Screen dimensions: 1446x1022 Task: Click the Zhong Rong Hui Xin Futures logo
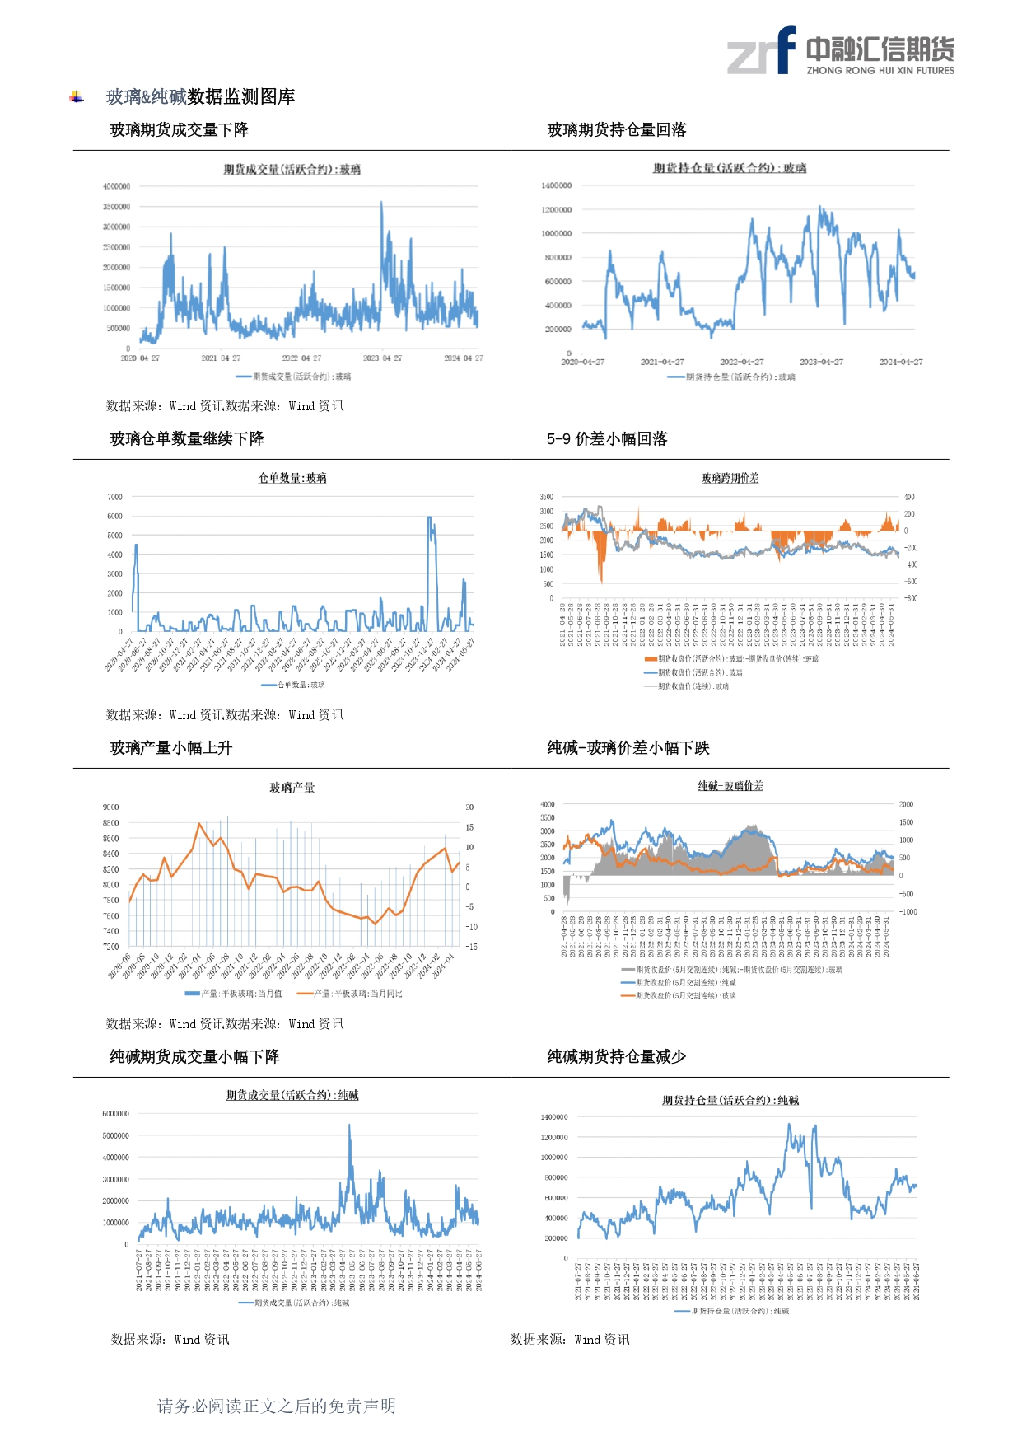(840, 51)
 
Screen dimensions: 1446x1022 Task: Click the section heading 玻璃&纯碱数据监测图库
(200, 97)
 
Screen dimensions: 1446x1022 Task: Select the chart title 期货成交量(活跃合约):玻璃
(292, 170)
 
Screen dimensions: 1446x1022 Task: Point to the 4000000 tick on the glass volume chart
(116, 186)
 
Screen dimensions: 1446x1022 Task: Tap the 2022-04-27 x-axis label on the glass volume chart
(301, 358)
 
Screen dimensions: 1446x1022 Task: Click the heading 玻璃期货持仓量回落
(616, 130)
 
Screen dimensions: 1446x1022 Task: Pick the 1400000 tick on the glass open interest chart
(556, 185)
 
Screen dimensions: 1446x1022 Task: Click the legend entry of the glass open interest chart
(730, 377)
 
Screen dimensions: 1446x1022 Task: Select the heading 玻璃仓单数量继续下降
(187, 439)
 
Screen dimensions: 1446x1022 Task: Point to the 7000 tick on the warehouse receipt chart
(114, 497)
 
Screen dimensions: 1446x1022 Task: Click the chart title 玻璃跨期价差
(730, 478)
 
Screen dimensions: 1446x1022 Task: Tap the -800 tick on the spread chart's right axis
(910, 598)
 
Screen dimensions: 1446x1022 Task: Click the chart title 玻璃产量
(292, 788)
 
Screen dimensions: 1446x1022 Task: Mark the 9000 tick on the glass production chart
(110, 807)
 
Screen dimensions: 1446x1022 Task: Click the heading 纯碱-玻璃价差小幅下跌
(628, 748)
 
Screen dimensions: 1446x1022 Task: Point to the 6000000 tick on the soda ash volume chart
(115, 1114)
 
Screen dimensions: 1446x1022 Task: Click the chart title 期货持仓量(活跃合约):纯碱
(730, 1101)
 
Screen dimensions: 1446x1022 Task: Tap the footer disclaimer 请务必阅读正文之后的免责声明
(277, 1406)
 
